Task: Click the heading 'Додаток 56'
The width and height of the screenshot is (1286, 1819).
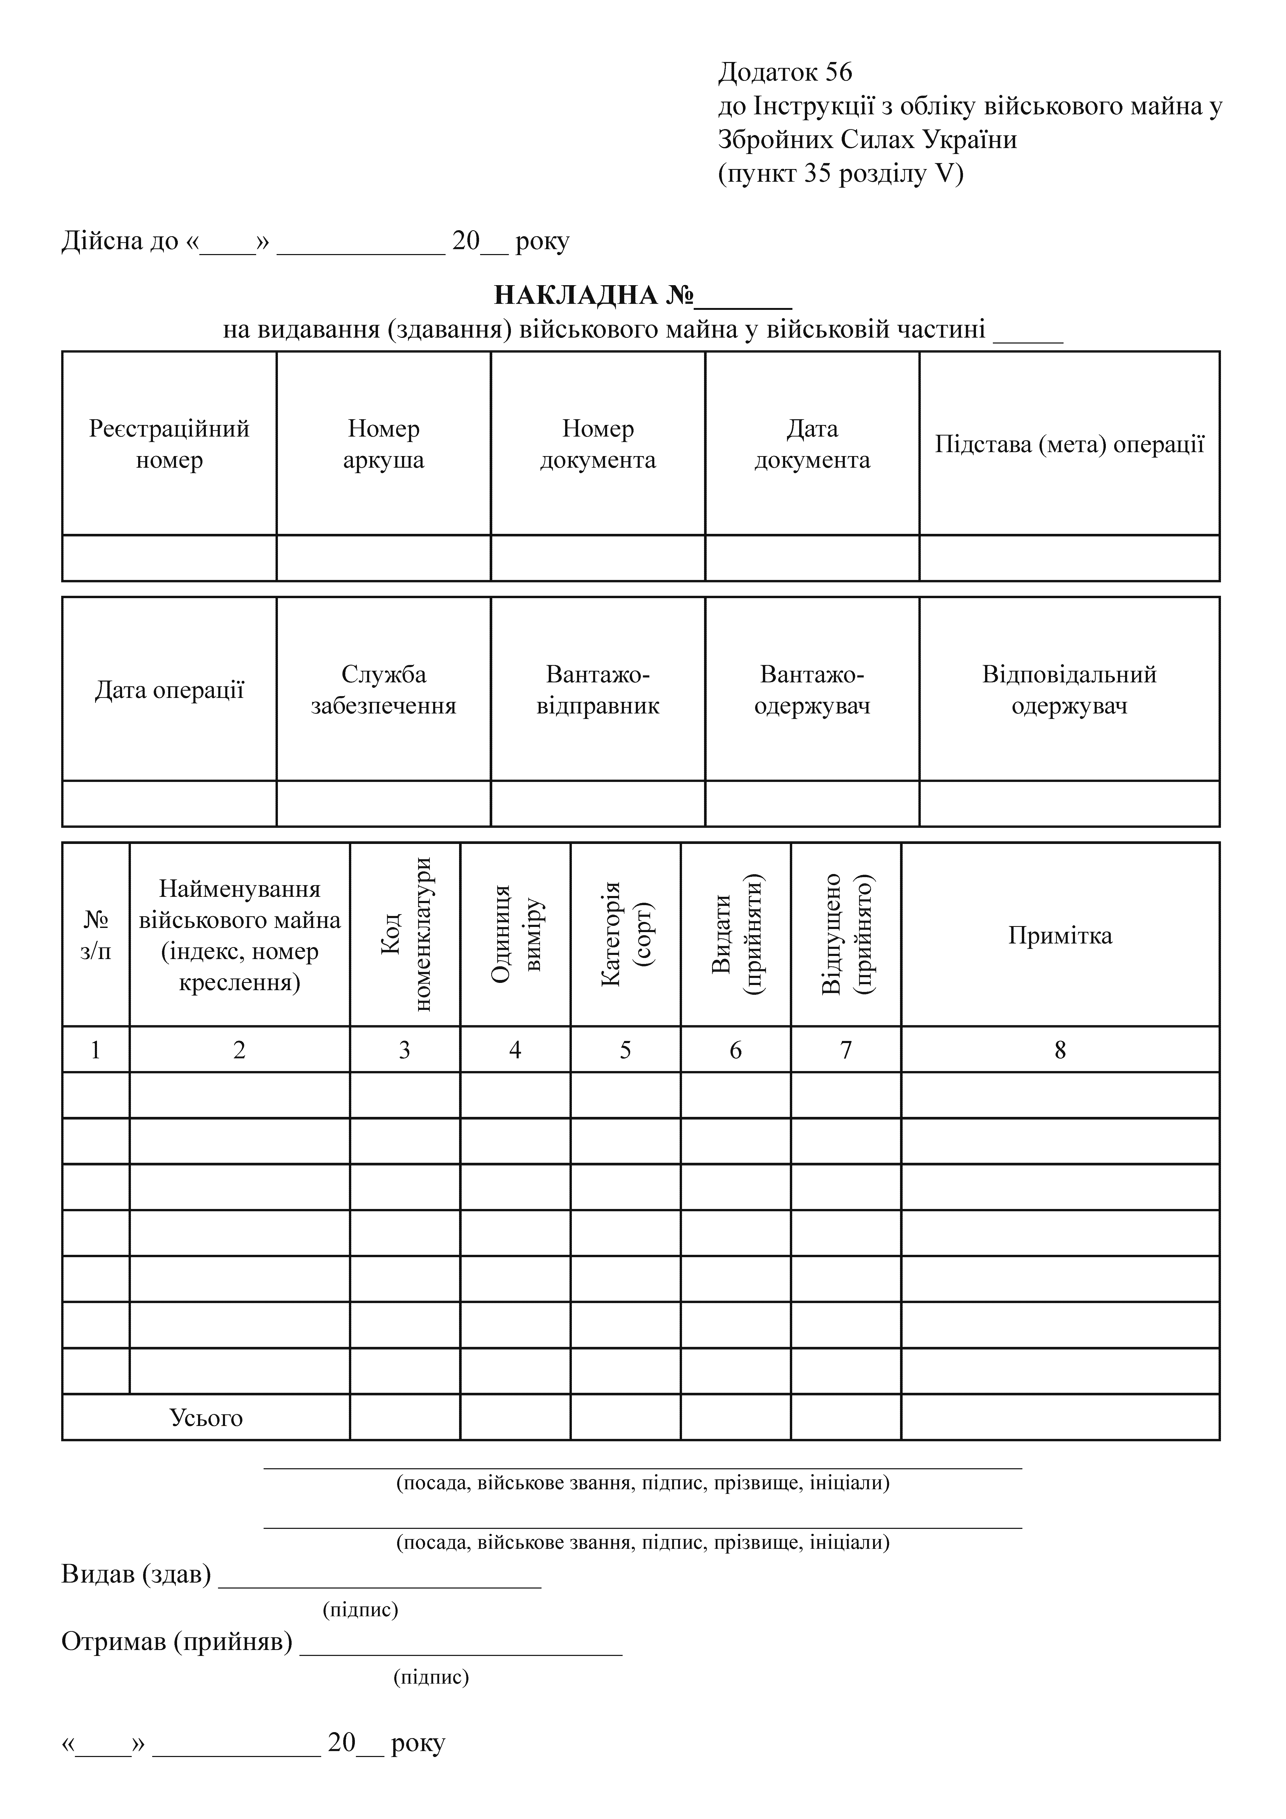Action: pyautogui.click(x=784, y=72)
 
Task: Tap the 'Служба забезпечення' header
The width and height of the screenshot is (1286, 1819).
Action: pyautogui.click(x=383, y=690)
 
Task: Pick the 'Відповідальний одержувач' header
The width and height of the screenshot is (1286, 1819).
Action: pyautogui.click(x=1069, y=690)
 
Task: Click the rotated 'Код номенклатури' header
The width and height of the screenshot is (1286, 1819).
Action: pyautogui.click(x=405, y=935)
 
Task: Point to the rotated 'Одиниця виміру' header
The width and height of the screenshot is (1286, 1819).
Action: pyautogui.click(x=515, y=935)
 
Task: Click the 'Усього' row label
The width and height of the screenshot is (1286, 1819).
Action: pyautogui.click(x=206, y=1417)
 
